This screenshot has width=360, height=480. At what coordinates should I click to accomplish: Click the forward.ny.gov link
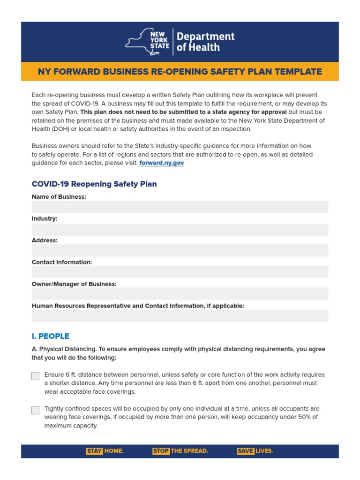[161, 163]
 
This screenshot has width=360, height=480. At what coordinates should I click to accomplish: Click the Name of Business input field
[180, 207]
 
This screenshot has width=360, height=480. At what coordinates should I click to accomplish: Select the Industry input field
[180, 230]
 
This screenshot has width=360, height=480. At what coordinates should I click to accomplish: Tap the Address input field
[180, 251]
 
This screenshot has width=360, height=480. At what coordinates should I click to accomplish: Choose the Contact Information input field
[180, 272]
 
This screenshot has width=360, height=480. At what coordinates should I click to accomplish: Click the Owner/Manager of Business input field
[180, 294]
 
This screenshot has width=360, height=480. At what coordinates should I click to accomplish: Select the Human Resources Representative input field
[180, 316]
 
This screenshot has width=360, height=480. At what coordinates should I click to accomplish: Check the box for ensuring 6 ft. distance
[36, 376]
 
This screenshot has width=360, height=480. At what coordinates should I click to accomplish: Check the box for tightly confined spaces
[36, 410]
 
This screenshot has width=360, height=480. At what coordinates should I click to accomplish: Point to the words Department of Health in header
[205, 42]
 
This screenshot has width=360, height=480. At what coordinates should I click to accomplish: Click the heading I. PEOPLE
[51, 336]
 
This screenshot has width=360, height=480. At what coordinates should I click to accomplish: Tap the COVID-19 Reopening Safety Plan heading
[94, 184]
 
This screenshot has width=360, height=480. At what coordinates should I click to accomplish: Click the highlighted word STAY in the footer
[94, 451]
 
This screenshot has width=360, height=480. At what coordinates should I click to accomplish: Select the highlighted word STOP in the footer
[161, 451]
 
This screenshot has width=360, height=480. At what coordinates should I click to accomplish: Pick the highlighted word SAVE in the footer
[246, 451]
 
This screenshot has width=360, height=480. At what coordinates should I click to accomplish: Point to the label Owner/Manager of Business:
[74, 284]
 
